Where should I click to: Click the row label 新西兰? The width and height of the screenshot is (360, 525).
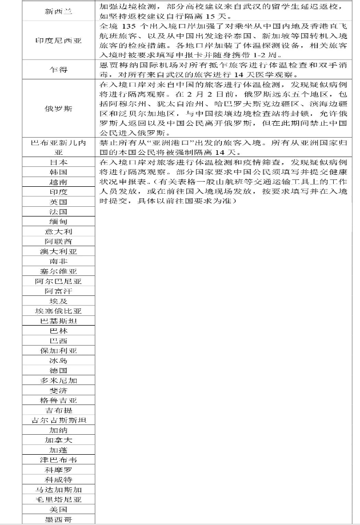click(59, 11)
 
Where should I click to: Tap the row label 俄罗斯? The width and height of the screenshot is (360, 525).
click(59, 108)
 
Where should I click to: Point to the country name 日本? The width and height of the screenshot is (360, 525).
click(59, 162)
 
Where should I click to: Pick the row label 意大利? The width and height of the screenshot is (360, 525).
click(59, 231)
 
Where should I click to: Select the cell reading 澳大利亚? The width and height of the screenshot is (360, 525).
click(59, 251)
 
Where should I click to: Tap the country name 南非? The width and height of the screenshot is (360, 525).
click(59, 261)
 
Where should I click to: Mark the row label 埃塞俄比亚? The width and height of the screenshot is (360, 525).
click(59, 311)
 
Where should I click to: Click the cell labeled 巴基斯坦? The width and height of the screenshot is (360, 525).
click(59, 321)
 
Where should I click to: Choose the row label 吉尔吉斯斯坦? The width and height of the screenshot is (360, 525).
click(59, 420)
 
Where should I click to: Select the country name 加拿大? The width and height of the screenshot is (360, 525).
click(59, 440)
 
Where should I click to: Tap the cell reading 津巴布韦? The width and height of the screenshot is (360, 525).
click(59, 460)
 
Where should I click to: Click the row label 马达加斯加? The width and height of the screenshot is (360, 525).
click(59, 490)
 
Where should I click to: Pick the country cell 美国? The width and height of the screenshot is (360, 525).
click(59, 509)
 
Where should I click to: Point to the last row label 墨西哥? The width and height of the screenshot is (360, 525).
click(59, 519)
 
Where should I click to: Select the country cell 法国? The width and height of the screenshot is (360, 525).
click(59, 211)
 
